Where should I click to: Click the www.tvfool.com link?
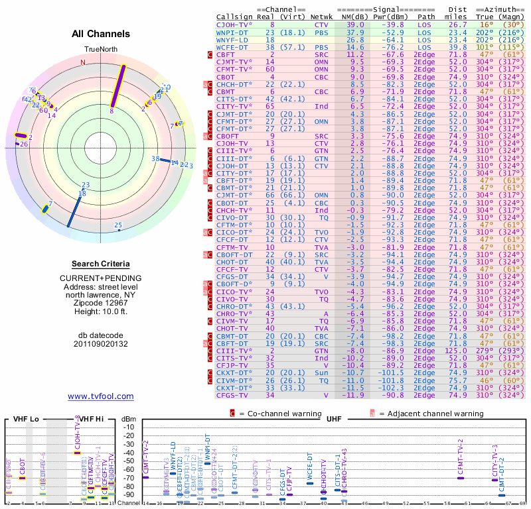[x=100, y=396]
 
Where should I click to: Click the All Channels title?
[x=101, y=34]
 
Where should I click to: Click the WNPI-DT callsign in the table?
[x=232, y=32]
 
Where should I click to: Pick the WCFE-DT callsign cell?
[x=232, y=48]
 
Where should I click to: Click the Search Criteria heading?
[x=100, y=264]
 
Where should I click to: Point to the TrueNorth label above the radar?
[x=100, y=50]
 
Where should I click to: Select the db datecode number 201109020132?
[x=100, y=343]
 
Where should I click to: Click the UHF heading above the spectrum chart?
[x=334, y=420]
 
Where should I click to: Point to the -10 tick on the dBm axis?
[x=128, y=427]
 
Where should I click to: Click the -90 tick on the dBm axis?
[x=128, y=494]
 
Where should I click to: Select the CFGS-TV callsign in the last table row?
[x=232, y=396]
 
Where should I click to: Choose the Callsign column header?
[x=232, y=16]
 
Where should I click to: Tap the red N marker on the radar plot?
[x=83, y=62]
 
